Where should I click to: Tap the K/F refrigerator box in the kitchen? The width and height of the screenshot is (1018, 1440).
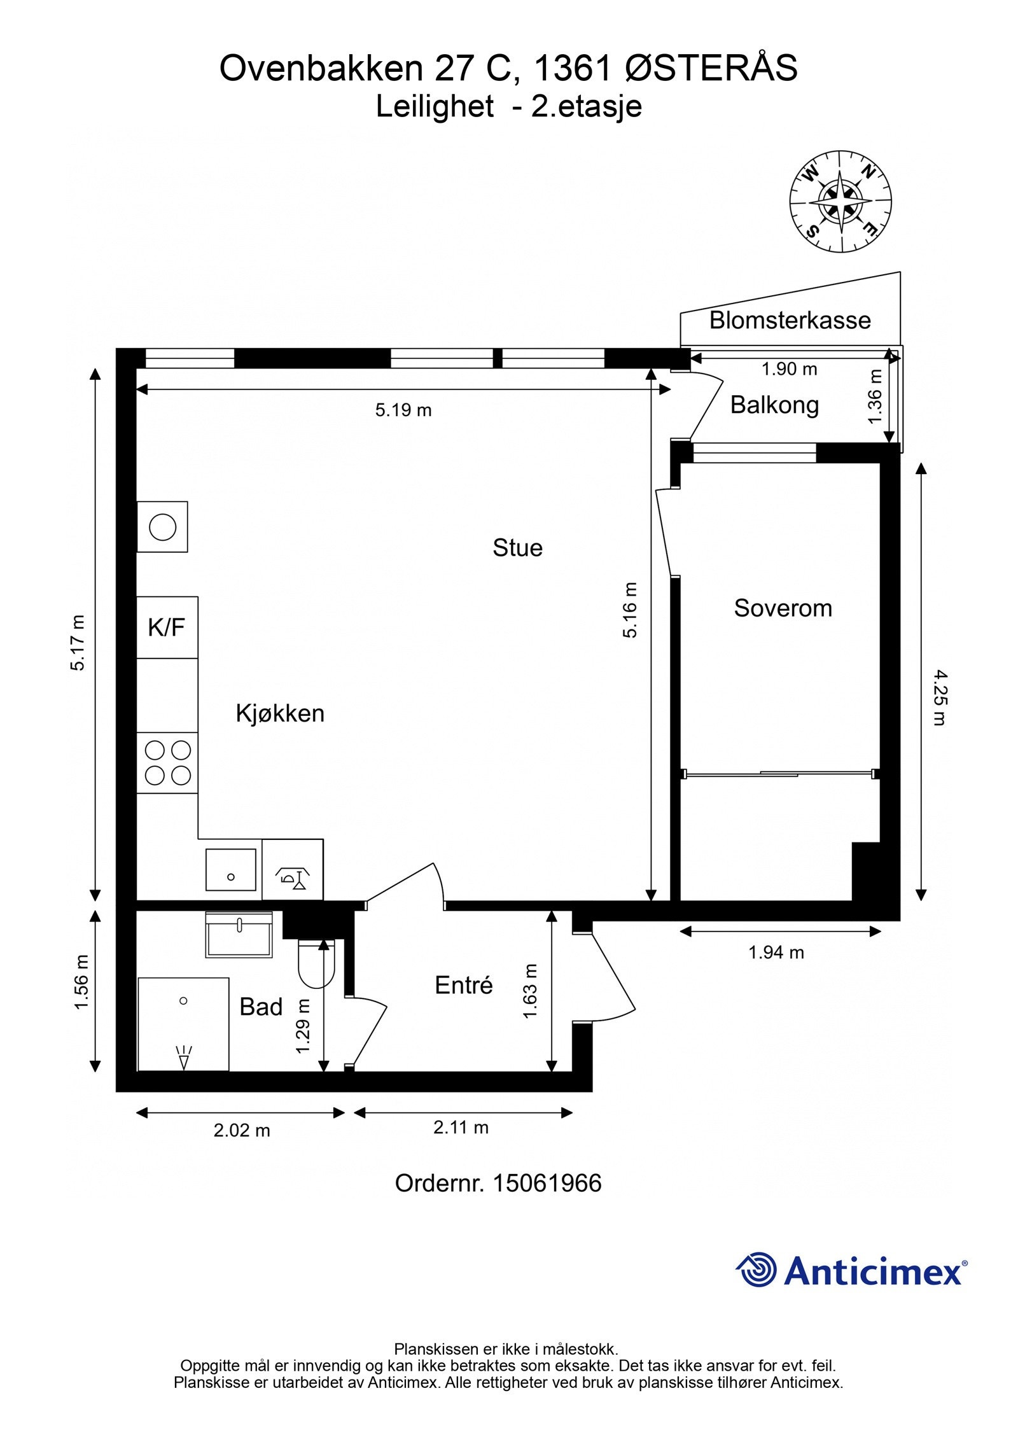tap(167, 627)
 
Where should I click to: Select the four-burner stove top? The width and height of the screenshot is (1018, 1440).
tap(167, 762)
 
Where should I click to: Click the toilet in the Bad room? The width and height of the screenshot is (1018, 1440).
tap(316, 962)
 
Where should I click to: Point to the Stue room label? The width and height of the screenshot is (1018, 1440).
tap(517, 548)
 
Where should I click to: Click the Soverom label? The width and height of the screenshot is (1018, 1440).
tap(783, 608)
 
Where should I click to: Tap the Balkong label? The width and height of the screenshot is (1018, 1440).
tap(774, 405)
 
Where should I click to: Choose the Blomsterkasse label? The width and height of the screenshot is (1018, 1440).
tap(790, 320)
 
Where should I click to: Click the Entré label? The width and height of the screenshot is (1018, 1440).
tap(464, 985)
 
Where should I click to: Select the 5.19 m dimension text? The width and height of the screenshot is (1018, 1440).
tap(403, 410)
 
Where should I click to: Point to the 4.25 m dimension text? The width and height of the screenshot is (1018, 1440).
tap(939, 697)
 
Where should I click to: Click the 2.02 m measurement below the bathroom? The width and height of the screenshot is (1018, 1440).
tap(242, 1131)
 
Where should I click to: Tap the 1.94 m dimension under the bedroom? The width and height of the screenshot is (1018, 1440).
tap(776, 953)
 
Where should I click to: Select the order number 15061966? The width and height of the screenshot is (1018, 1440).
tap(547, 1184)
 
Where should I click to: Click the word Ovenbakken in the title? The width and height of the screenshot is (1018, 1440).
tap(321, 68)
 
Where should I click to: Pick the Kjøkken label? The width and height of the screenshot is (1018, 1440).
tap(280, 713)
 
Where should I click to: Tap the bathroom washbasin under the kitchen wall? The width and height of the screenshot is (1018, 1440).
tap(239, 935)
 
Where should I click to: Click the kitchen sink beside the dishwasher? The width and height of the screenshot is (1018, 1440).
tap(230, 869)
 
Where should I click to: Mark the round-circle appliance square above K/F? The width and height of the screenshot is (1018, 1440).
tap(162, 527)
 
